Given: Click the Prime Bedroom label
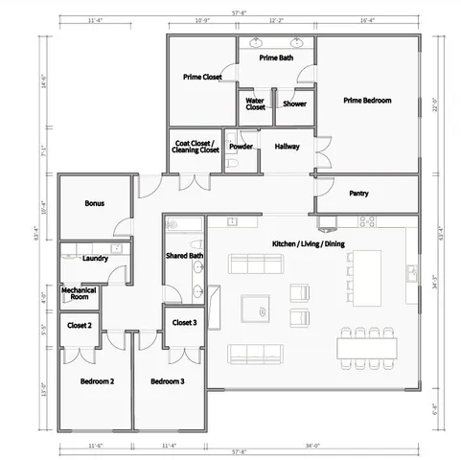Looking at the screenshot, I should click(367, 100).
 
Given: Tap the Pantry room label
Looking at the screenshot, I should click(358, 194).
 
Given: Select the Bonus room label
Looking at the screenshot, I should click(94, 203).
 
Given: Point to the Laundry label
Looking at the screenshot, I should click(95, 259).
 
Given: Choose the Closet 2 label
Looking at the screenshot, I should click(80, 326).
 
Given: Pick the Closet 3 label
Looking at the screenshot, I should click(184, 323).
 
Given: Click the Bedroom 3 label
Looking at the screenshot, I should click(167, 381).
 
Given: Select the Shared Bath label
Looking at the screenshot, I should click(184, 256).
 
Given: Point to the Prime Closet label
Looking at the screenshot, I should click(202, 76).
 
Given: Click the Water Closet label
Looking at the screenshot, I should click(255, 103).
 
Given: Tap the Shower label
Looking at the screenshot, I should click(294, 103).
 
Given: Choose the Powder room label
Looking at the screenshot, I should click(241, 147).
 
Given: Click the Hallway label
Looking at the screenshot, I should click(288, 147).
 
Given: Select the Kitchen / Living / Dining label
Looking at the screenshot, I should click(308, 243).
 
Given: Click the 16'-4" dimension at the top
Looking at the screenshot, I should click(368, 18).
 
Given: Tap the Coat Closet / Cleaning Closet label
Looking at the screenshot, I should click(196, 147).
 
